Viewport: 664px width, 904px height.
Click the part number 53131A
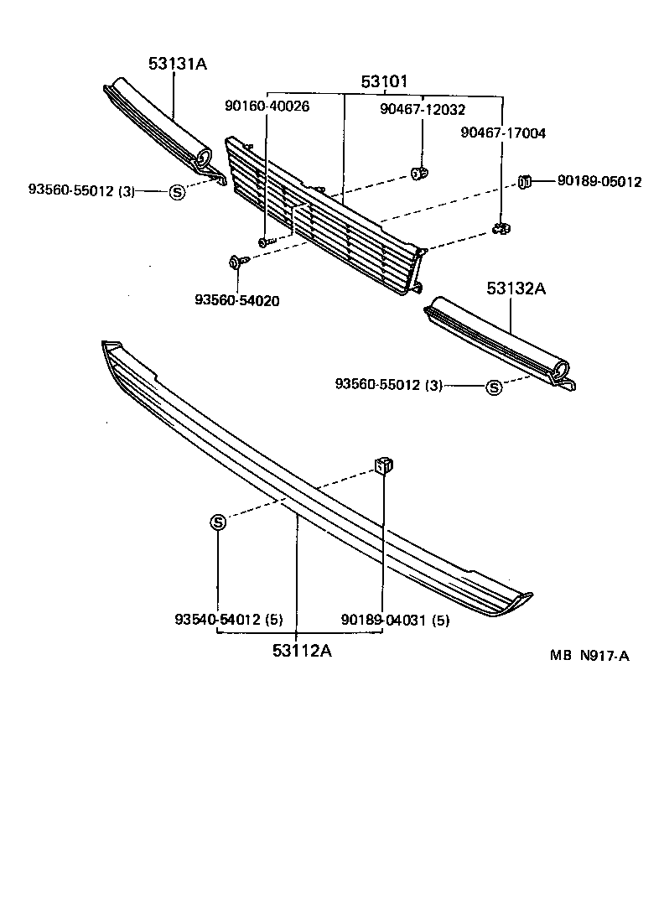tap(177, 62)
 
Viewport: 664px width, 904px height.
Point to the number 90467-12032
tap(422, 109)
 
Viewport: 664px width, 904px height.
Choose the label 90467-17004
tap(503, 132)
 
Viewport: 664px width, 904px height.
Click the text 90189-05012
tap(597, 181)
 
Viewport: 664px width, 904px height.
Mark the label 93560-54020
tap(237, 300)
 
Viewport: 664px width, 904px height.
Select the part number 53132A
tap(516, 289)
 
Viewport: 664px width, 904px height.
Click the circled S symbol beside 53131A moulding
tap(177, 191)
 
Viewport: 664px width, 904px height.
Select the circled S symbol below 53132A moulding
tap(495, 387)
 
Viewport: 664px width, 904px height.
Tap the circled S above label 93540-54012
tap(217, 522)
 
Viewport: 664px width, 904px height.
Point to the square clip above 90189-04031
tap(384, 464)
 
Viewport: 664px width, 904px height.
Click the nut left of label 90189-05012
tap(526, 180)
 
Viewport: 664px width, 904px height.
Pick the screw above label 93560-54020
tap(236, 262)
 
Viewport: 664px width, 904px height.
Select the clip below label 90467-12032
tap(419, 174)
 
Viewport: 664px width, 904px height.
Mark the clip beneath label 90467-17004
tap(502, 228)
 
